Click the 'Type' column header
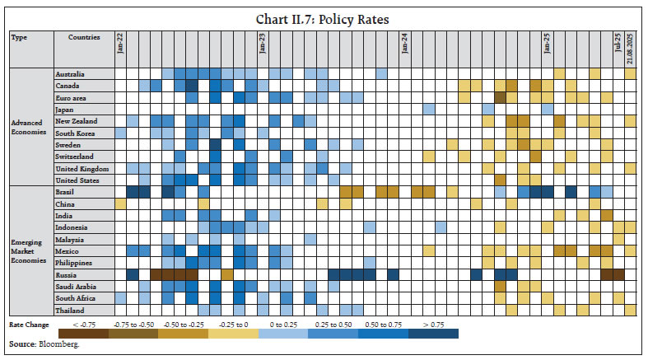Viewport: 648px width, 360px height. tap(19, 37)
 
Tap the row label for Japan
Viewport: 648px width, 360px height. tap(65, 109)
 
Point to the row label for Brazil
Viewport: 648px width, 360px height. tap(65, 191)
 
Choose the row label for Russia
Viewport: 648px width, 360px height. tap(66, 274)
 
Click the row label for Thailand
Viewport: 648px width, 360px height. tap(69, 310)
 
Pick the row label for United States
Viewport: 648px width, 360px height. tap(77, 180)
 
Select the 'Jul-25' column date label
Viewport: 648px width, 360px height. tap(618, 43)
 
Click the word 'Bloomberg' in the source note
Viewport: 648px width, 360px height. tap(54, 344)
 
